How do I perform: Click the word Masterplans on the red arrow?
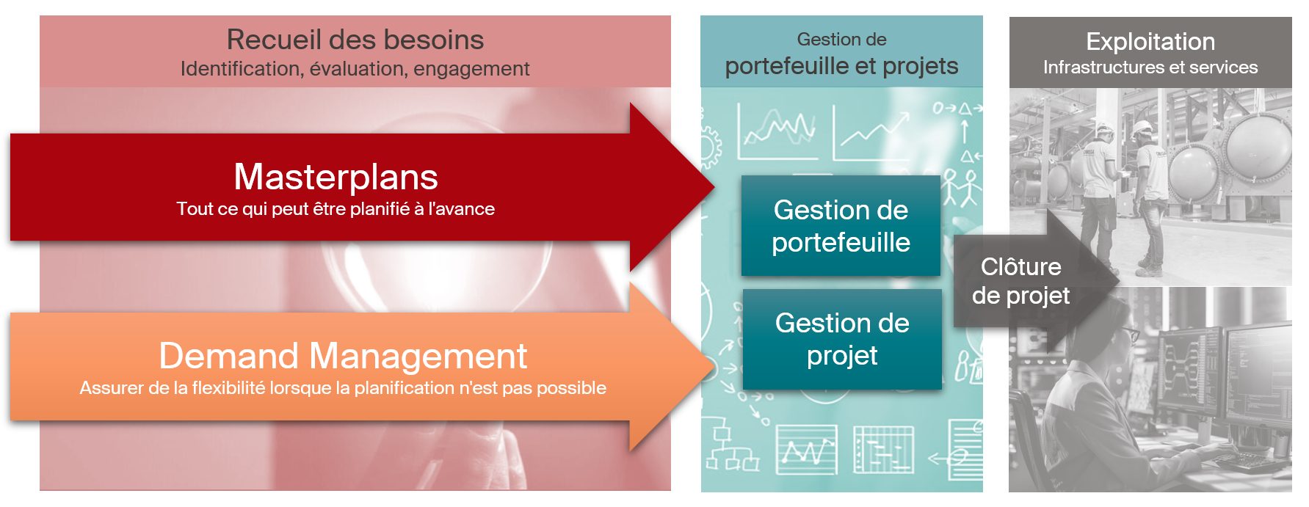(336, 177)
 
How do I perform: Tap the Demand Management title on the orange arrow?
(343, 356)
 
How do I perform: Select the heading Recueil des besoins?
(355, 40)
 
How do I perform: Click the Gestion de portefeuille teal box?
(841, 226)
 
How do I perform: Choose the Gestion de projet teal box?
(842, 339)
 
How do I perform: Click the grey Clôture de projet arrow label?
(1021, 281)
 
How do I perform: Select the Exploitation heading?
(1150, 42)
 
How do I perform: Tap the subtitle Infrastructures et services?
(1150, 68)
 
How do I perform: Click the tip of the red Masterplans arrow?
(714, 186)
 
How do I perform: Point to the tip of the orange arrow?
(714, 366)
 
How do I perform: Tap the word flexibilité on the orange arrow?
(228, 388)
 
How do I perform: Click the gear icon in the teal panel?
(710, 147)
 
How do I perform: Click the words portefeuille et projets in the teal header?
(841, 67)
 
